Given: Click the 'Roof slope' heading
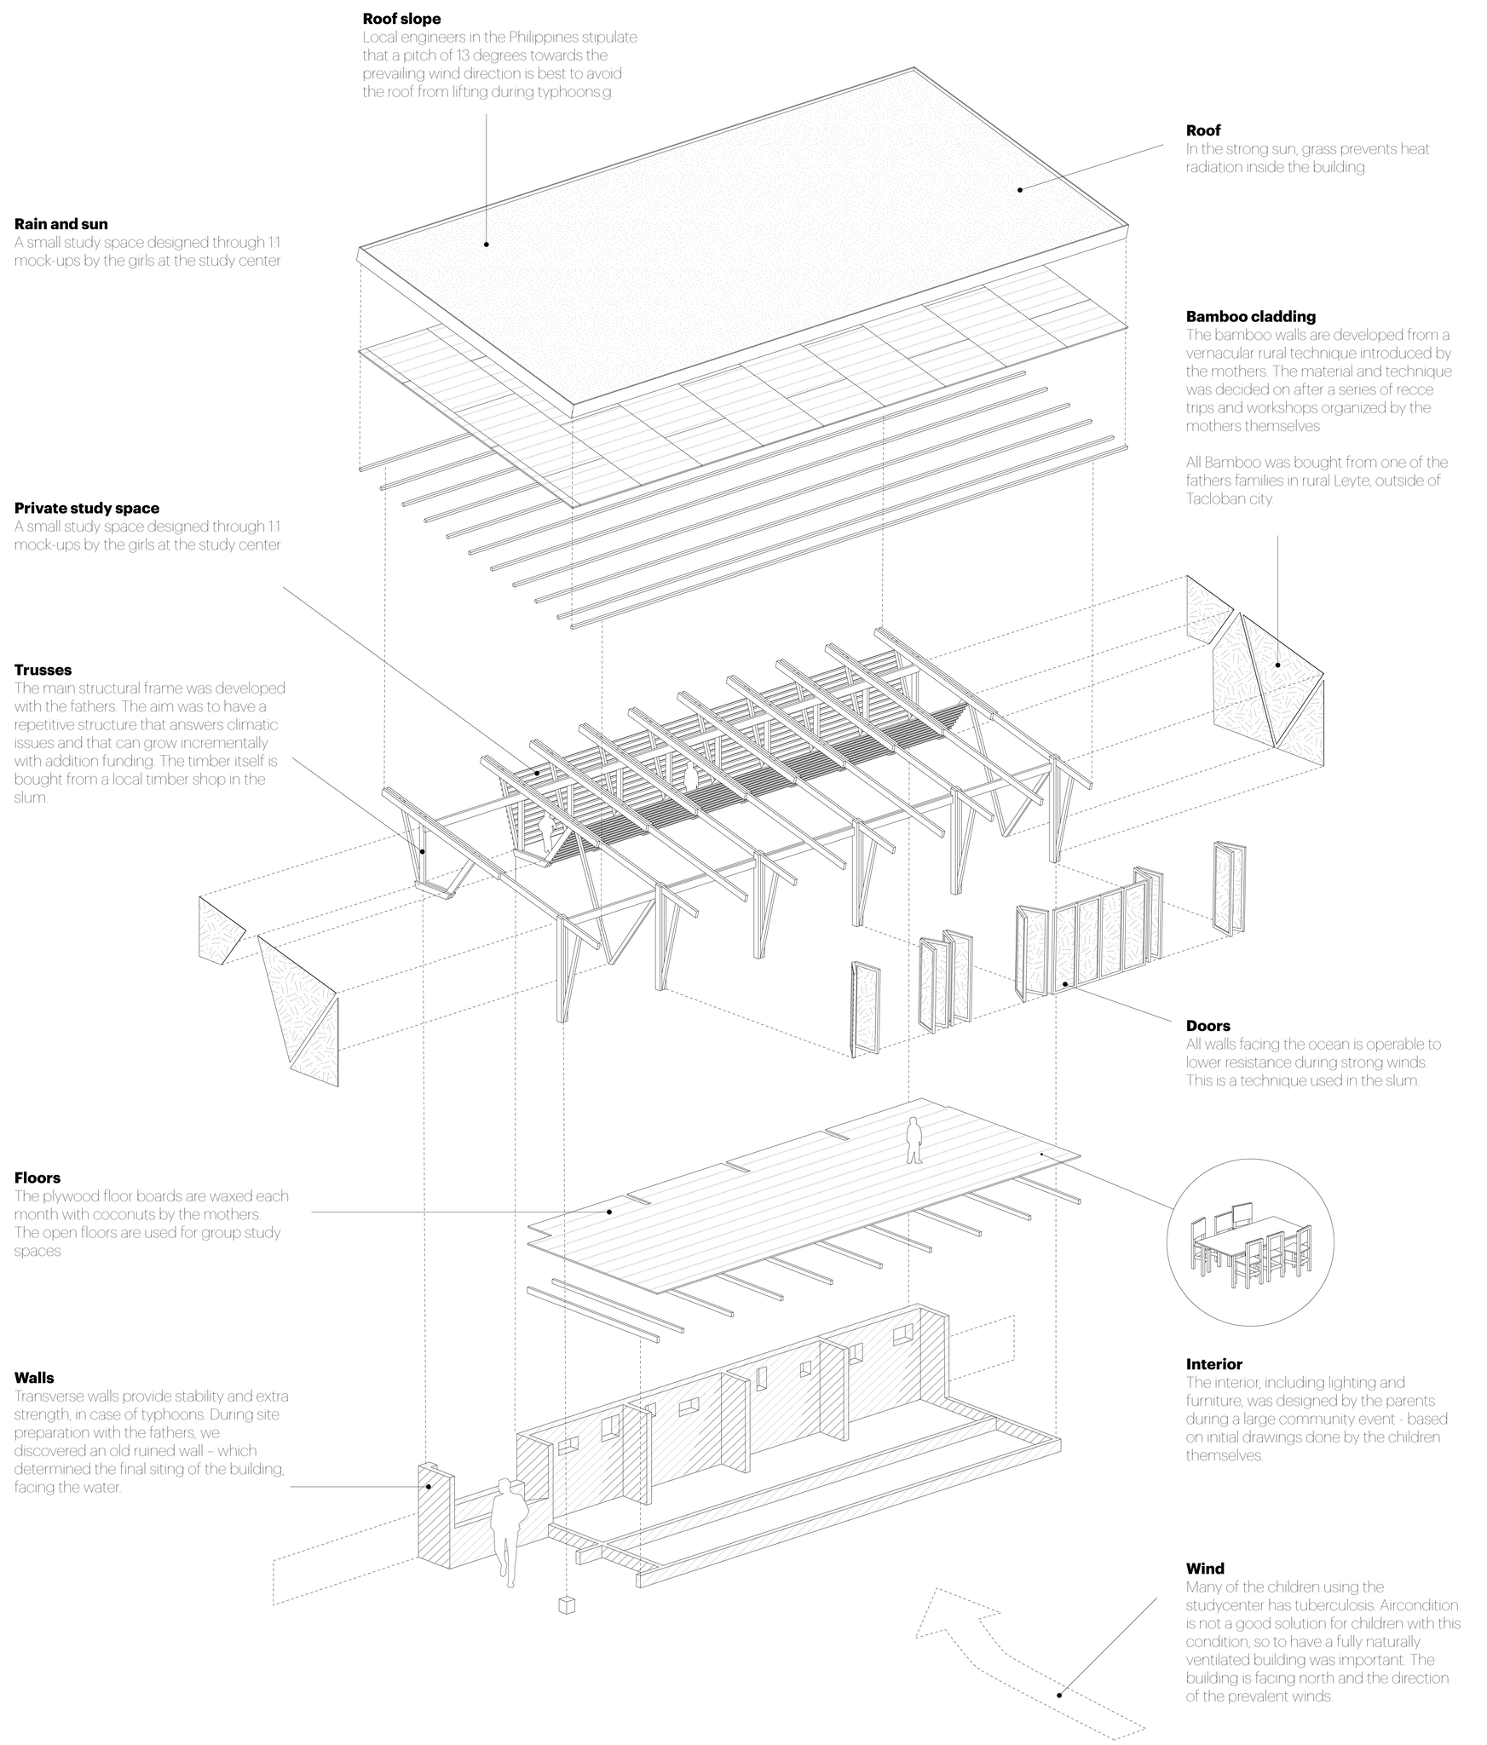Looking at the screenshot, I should pos(401,19).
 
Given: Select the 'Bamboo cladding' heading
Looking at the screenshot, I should pos(1250,316).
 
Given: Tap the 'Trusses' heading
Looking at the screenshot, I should pos(43,670).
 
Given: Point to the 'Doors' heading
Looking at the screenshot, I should pos(1207,1026).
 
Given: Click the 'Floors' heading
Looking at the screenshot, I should pos(37,1178).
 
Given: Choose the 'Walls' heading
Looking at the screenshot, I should pos(34,1378).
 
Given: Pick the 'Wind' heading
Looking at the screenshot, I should pos(1205,1569).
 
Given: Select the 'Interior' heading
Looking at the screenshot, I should pos(1213,1364).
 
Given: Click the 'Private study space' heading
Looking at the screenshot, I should pos(87,509).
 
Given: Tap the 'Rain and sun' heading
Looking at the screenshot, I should pos(61,224).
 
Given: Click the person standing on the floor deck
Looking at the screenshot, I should pos(914,1140).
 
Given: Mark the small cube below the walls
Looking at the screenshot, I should pos(567,1605).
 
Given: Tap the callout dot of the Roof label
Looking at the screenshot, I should pos(1020,190).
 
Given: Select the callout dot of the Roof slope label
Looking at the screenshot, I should pos(487,245).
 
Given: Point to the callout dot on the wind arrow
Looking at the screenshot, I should pos(1060,1695).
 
